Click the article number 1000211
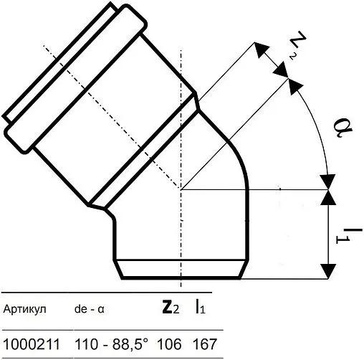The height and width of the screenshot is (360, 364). pyautogui.click(x=32, y=344)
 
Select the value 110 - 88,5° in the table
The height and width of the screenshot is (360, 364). pyautogui.click(x=112, y=344)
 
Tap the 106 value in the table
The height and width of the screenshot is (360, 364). pyautogui.click(x=169, y=344)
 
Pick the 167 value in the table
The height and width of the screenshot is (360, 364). pyautogui.click(x=204, y=344)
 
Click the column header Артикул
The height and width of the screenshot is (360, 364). pyautogui.click(x=24, y=309)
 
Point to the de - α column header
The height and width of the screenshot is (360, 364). pyautogui.click(x=90, y=310)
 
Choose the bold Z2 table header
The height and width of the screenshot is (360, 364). pyautogui.click(x=171, y=308)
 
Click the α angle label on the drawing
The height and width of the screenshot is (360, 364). pyautogui.click(x=343, y=129)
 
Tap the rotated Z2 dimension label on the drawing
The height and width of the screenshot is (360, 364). pyautogui.click(x=297, y=47)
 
